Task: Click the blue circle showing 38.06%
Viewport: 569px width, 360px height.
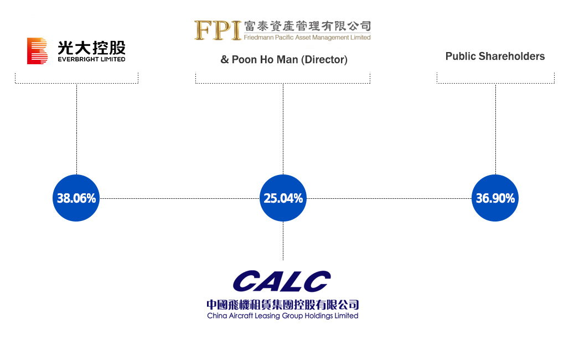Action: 76,198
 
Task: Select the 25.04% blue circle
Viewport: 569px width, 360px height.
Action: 283,198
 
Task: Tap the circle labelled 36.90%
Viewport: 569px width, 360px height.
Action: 495,198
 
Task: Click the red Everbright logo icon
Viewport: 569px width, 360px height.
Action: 37,51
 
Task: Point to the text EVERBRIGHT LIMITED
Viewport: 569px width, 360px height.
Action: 91,59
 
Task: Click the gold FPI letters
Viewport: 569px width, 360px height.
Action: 218,30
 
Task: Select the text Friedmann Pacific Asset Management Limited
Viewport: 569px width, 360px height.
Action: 307,38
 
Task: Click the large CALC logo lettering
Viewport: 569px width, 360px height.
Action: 282,281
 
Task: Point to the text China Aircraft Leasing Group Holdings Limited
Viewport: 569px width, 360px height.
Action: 283,316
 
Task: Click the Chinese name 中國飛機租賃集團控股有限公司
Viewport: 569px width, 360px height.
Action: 283,305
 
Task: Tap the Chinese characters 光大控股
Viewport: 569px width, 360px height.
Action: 91,48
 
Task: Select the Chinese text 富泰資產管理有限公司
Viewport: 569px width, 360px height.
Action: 307,26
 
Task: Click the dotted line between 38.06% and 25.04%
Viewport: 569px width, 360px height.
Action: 180,198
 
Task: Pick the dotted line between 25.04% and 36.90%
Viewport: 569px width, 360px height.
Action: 389,198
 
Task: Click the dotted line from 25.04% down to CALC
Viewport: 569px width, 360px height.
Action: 283,241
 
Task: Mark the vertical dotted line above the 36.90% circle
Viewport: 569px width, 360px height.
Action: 496,129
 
